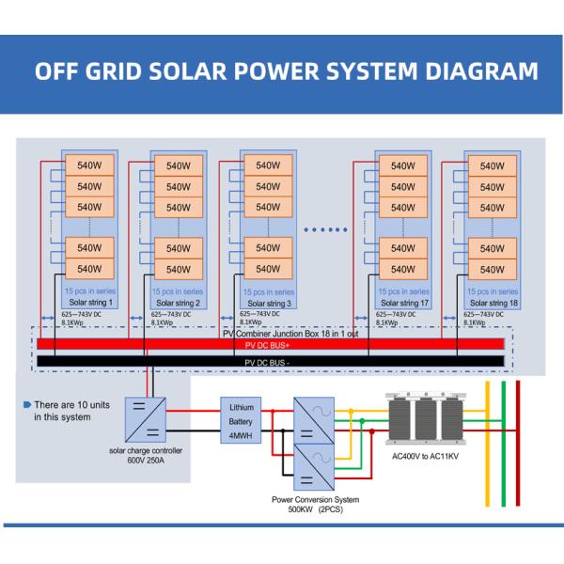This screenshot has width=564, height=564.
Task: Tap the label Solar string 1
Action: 90,303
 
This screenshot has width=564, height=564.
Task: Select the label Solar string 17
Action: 405,303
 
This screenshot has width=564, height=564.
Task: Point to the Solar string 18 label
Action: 495,303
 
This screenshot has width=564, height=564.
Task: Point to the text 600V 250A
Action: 146,462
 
